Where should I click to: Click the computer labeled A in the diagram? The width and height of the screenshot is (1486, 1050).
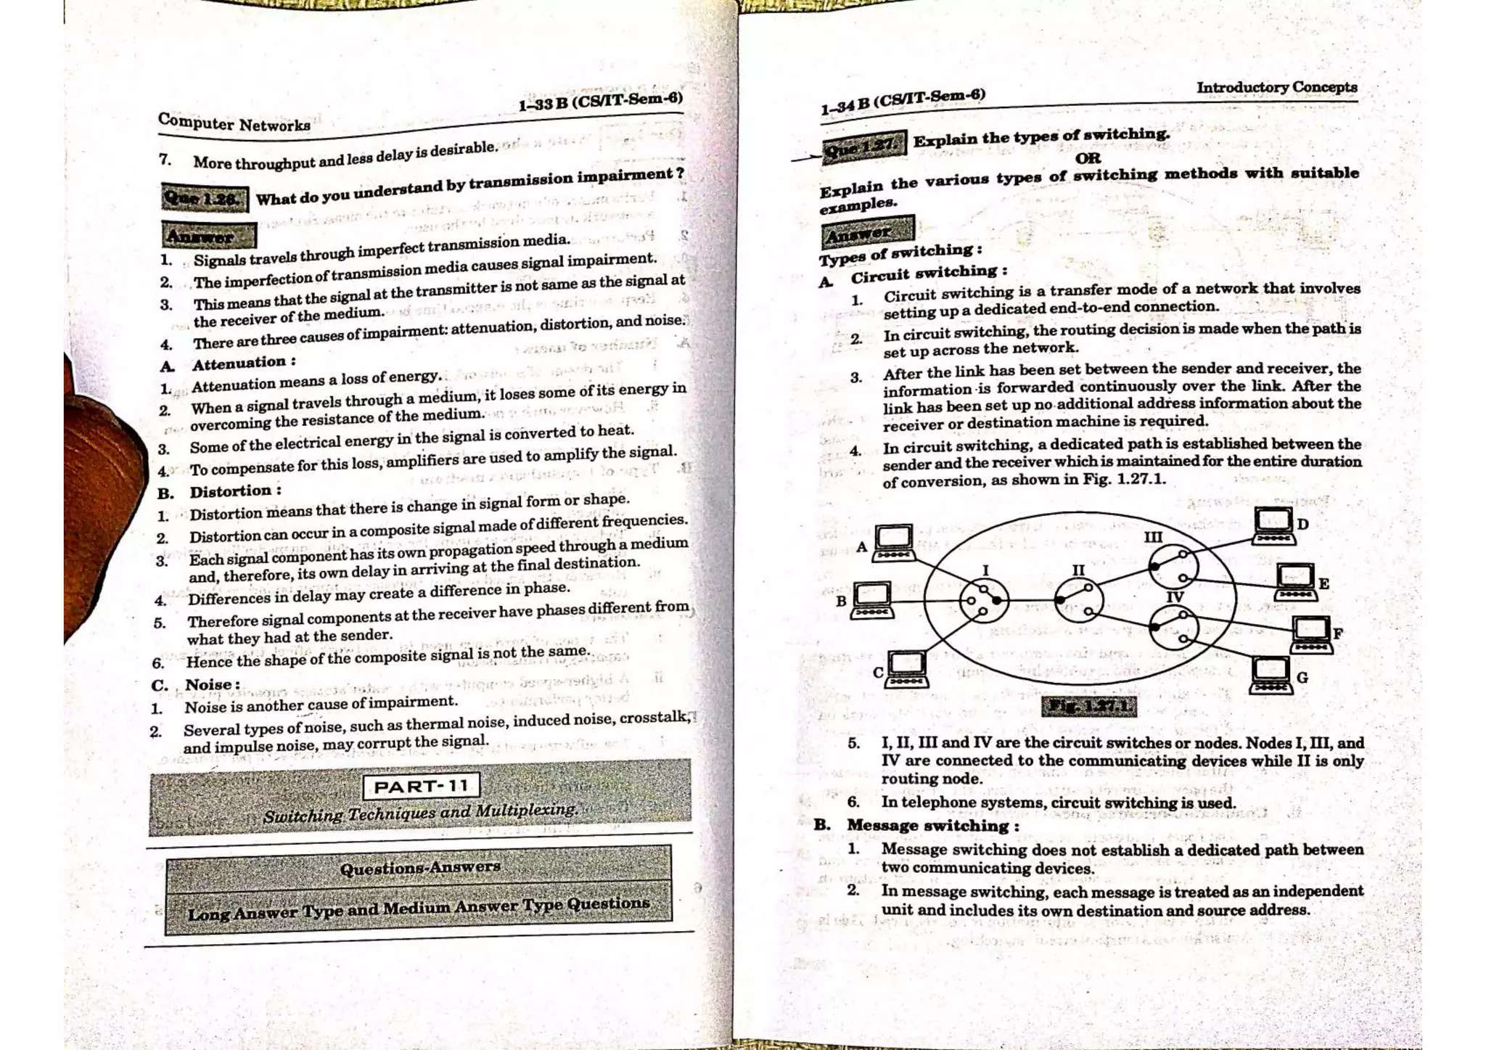coord(893,543)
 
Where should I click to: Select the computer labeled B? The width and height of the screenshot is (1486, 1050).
coord(871,599)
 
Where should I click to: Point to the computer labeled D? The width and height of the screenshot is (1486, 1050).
coord(1274,525)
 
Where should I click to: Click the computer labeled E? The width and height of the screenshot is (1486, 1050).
coord(1295,581)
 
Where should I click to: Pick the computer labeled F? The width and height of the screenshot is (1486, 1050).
coord(1312,634)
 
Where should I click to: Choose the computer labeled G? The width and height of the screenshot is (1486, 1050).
coord(1271,675)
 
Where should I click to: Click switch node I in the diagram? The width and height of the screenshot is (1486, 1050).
coord(984,600)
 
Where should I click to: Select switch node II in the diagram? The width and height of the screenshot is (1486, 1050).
coord(1079,600)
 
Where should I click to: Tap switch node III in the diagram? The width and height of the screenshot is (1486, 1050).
coord(1173,566)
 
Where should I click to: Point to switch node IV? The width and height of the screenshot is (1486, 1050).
coord(1173,628)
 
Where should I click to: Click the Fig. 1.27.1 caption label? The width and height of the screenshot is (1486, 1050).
coord(1089,706)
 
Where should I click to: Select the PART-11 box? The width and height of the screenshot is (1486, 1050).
coord(421,787)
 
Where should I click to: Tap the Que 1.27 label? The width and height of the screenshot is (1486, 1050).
coord(864,147)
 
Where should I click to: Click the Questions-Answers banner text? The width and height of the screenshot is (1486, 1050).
coord(420,867)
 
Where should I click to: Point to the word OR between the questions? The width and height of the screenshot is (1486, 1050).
coord(1088,157)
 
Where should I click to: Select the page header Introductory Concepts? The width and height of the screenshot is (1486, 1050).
coord(1276,87)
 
